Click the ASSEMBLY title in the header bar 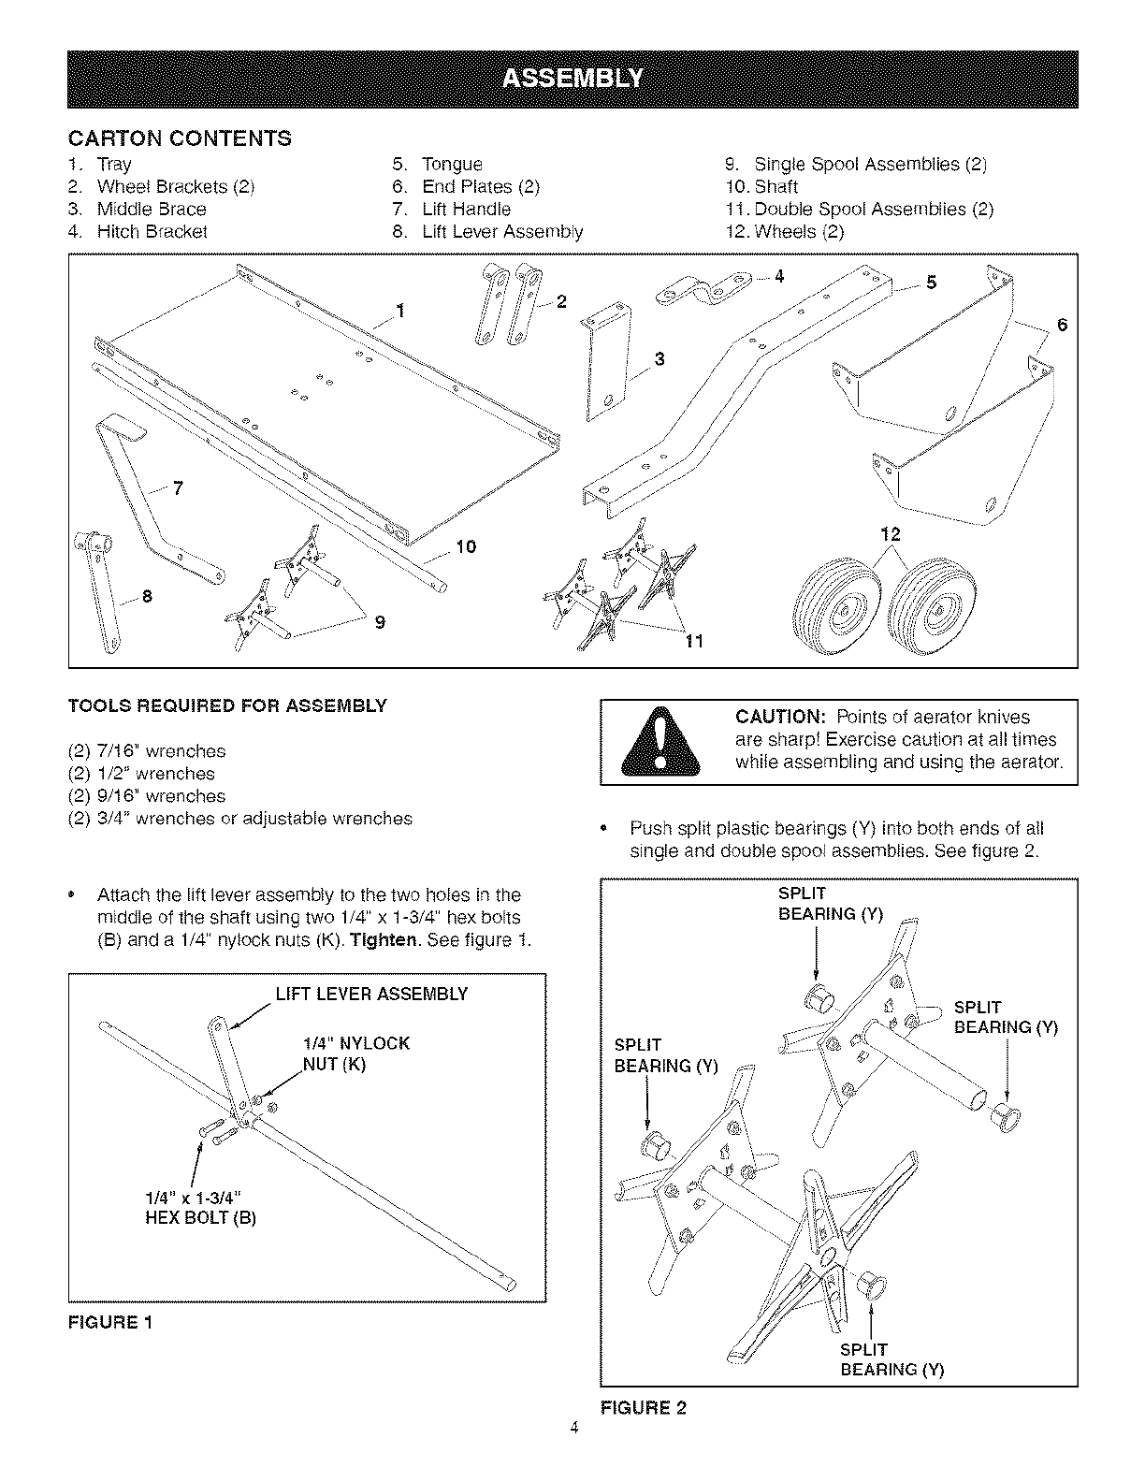point(572,79)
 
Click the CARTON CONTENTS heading point(180,139)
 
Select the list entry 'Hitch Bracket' point(152,232)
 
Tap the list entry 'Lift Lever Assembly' point(502,232)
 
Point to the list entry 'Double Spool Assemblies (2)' point(873,210)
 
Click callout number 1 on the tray point(400,312)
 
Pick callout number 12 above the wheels point(890,534)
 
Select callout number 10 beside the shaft point(465,546)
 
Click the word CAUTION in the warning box point(779,718)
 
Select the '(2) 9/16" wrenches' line point(147,796)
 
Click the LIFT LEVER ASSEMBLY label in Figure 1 point(371,994)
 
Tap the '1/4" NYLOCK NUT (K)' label point(355,1053)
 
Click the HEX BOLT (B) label point(200,1218)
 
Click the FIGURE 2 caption point(643,1407)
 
